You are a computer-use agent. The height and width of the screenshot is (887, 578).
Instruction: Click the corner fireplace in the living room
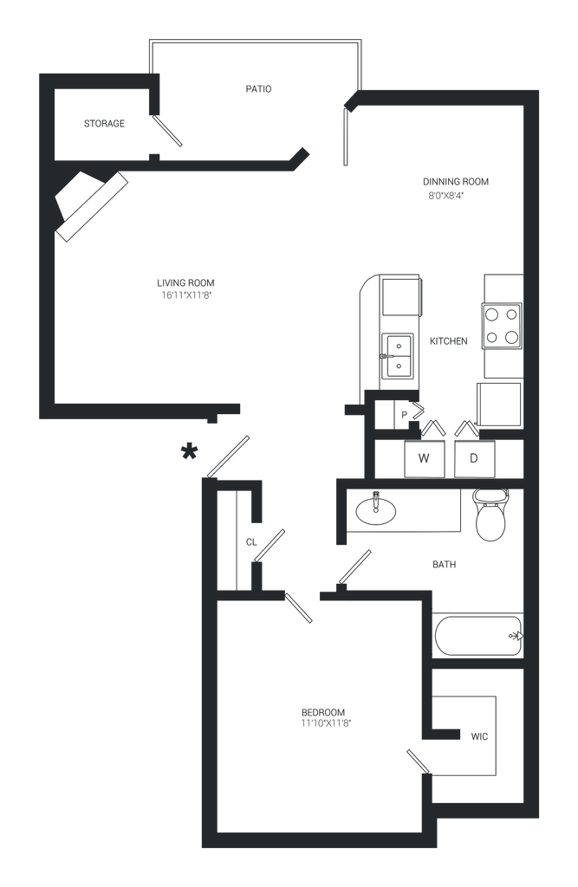[90, 206]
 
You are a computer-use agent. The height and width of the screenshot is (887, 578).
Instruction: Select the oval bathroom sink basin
[376, 509]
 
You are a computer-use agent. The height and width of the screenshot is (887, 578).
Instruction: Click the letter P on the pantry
[402, 413]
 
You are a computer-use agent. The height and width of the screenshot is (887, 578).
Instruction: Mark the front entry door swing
[228, 455]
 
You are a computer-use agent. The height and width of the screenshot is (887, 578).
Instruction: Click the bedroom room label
[325, 716]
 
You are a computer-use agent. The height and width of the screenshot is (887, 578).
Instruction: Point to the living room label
[185, 288]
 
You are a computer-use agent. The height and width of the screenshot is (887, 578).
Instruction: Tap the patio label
[259, 88]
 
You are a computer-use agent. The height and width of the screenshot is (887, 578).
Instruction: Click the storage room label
[104, 124]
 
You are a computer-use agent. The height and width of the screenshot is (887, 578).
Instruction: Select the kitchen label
[449, 340]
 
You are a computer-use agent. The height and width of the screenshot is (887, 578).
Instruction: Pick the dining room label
[455, 188]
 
